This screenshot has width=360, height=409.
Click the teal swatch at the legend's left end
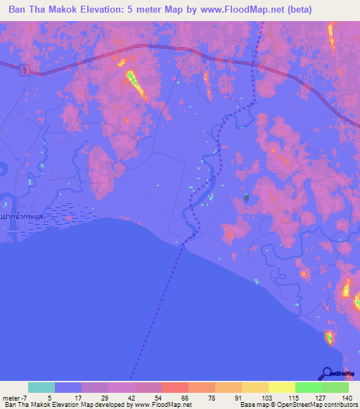tap(41, 387)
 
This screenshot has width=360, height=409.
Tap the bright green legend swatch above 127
tap(308, 387)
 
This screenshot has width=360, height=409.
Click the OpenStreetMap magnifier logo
tap(328, 373)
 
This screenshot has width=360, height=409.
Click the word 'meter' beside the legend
tap(11, 397)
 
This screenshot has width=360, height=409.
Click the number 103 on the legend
tap(260, 397)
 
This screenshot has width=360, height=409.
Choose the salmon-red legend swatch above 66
tap(174, 387)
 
